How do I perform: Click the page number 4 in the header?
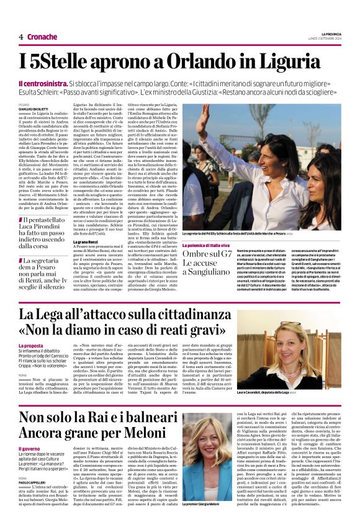[x=20, y=37]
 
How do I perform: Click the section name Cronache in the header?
[x=42, y=37]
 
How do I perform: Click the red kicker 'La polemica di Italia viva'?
[x=210, y=246]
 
